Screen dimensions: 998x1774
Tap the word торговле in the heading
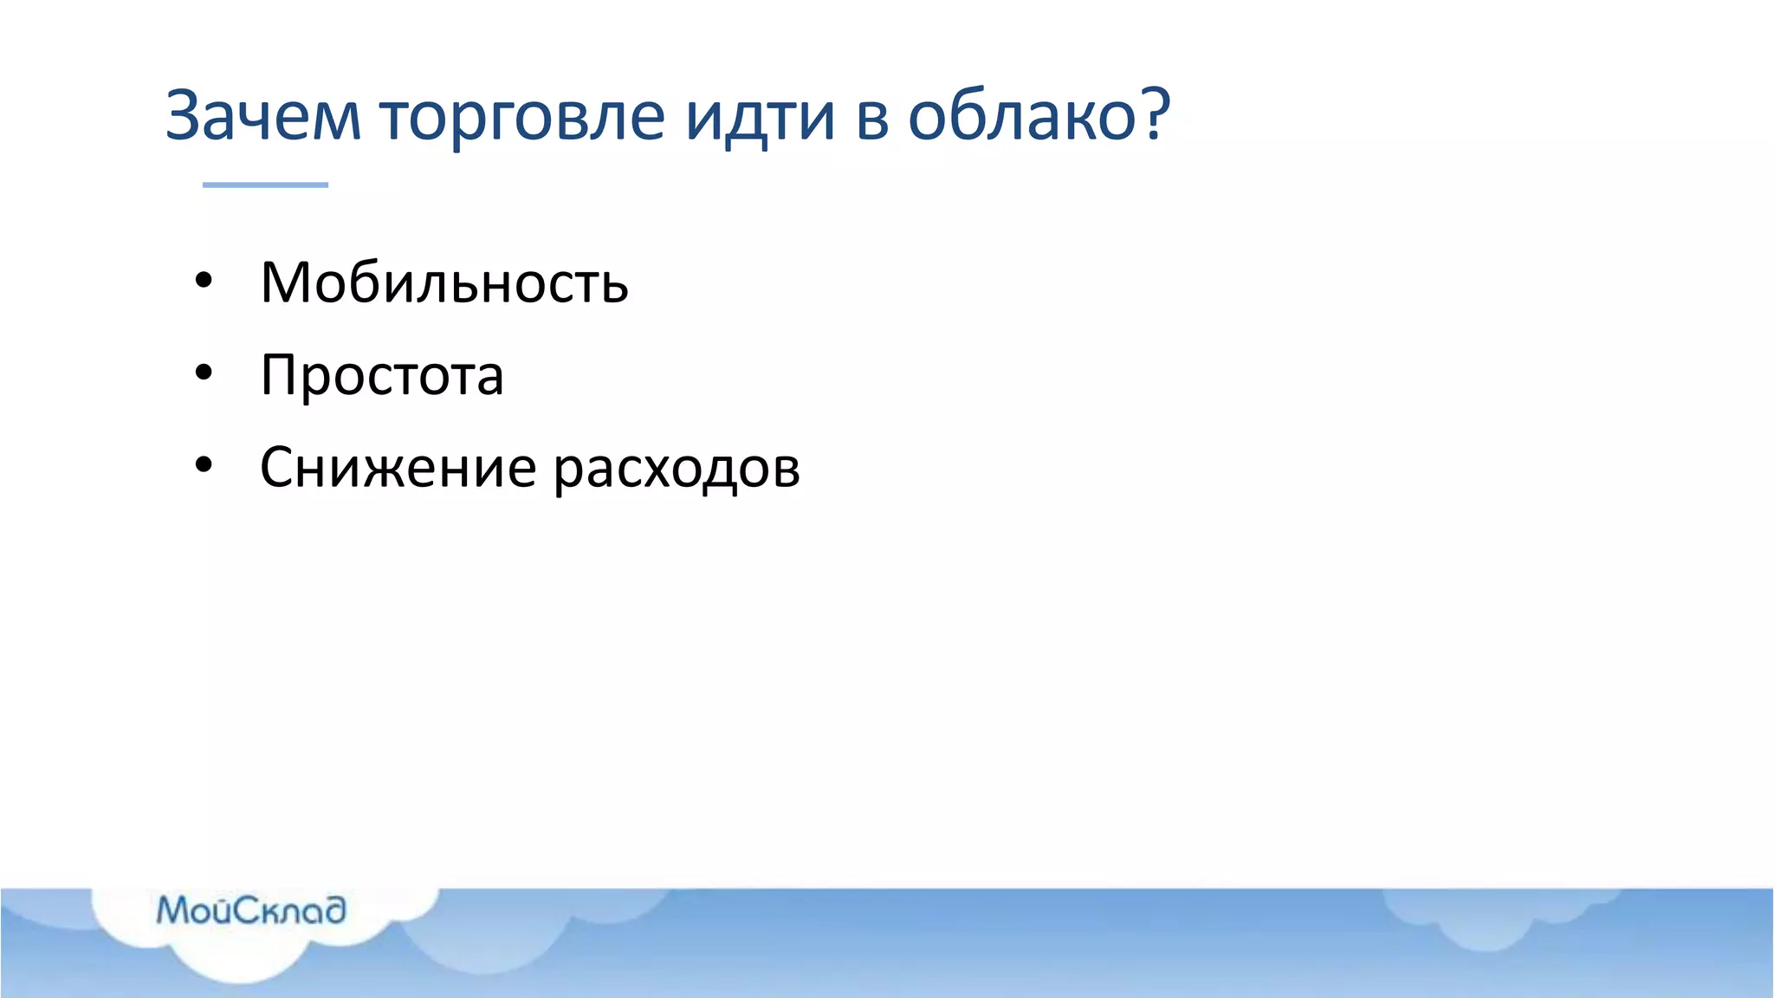pyautogui.click(x=522, y=119)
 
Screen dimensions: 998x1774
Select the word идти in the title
pyautogui.click(x=760, y=119)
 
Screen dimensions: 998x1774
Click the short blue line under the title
pyautogui.click(x=265, y=185)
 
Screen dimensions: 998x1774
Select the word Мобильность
pyautogui.click(x=444, y=283)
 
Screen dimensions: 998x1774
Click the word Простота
pyautogui.click(x=382, y=376)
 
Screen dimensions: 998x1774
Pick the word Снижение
pyautogui.click(x=398, y=469)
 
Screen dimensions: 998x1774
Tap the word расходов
pyautogui.click(x=677, y=470)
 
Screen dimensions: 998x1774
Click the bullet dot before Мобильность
pyautogui.click(x=204, y=281)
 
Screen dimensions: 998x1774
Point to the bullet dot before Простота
pyautogui.click(x=204, y=373)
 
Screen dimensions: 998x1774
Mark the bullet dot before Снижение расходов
pyautogui.click(x=204, y=466)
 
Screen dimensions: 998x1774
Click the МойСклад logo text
pyautogui.click(x=251, y=911)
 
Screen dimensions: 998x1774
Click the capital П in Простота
pyautogui.click(x=281, y=376)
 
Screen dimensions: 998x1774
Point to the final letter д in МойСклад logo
pyautogui.click(x=333, y=911)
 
